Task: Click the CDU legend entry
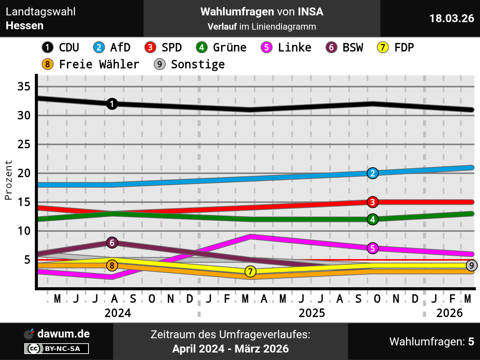[60, 48]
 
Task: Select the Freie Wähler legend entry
[90, 64]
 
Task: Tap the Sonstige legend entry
[189, 64]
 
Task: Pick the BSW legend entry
[345, 48]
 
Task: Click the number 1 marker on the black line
[112, 104]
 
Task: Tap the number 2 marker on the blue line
[372, 173]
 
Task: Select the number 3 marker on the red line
[372, 202]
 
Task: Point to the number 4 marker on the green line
[372, 219]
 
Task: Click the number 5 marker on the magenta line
[372, 248]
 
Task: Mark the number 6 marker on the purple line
[112, 243]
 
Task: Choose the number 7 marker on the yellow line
[250, 271]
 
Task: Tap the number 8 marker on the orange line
[112, 265]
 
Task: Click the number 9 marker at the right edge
[471, 265]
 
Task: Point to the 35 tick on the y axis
[24, 87]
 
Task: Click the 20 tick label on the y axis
[24, 173]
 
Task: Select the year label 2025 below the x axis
[312, 313]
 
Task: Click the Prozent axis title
[8, 180]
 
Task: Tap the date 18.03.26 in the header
[451, 18]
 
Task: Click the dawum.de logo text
[63, 334]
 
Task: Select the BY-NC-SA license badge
[57, 349]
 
